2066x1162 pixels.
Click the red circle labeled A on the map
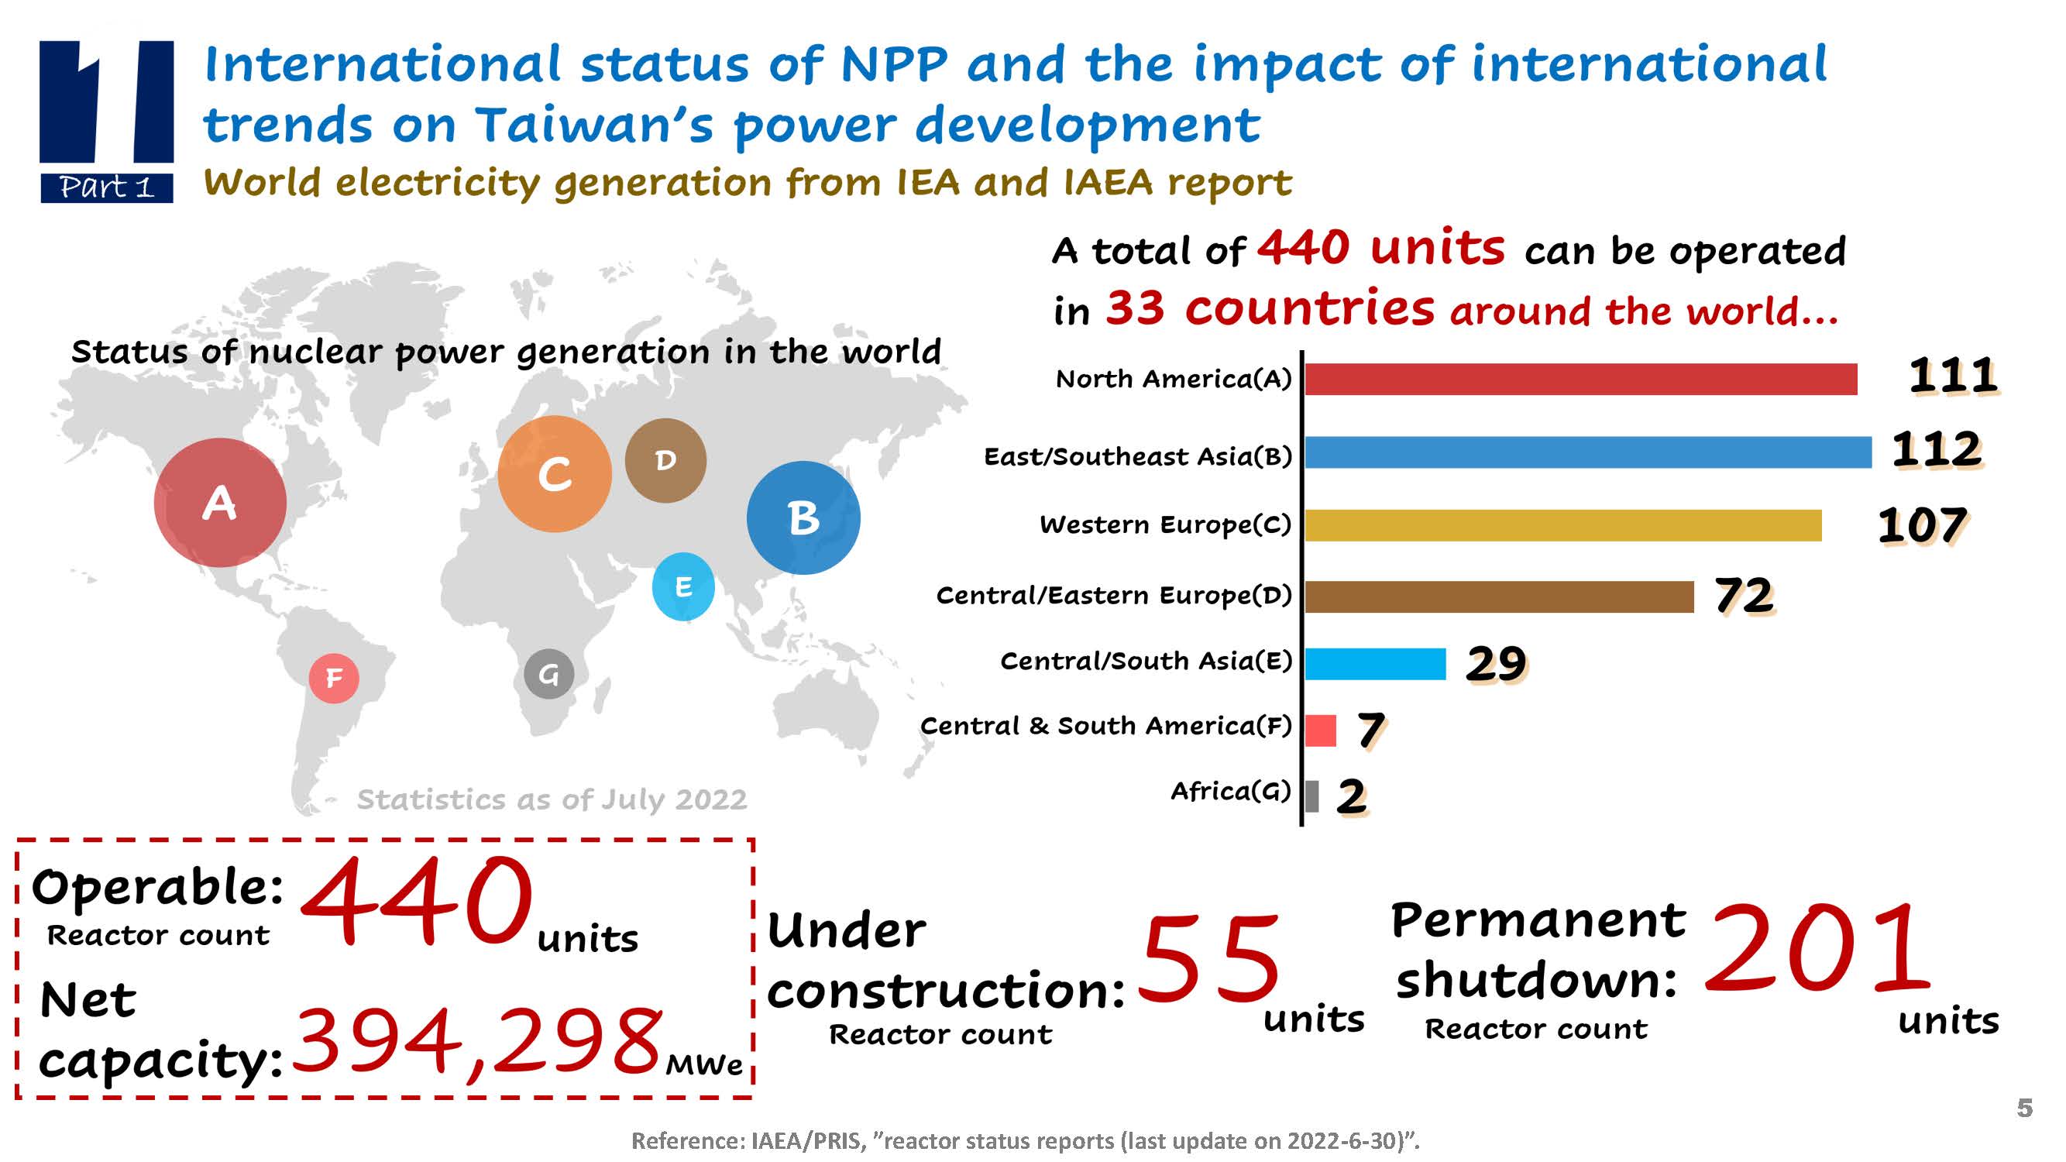tap(220, 503)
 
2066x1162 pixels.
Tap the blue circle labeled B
tap(803, 518)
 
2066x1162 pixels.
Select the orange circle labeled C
tap(554, 474)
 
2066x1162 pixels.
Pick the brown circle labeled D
tap(665, 460)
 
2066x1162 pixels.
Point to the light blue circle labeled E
tap(683, 587)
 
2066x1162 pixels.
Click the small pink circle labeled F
tap(334, 679)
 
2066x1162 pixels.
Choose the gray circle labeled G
tap(548, 675)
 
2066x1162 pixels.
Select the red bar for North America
tap(1580, 380)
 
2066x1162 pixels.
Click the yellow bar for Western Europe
tap(1562, 526)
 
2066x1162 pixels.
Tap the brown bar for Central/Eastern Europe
tap(1498, 596)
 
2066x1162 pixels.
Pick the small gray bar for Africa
tap(1312, 796)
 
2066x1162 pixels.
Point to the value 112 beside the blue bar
tap(1936, 449)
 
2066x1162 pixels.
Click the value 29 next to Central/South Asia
tap(1496, 664)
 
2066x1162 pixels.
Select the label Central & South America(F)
tap(1105, 726)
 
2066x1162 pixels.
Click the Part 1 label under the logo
tap(107, 187)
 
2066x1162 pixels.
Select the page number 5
tap(2025, 1109)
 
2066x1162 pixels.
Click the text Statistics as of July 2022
tap(552, 799)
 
